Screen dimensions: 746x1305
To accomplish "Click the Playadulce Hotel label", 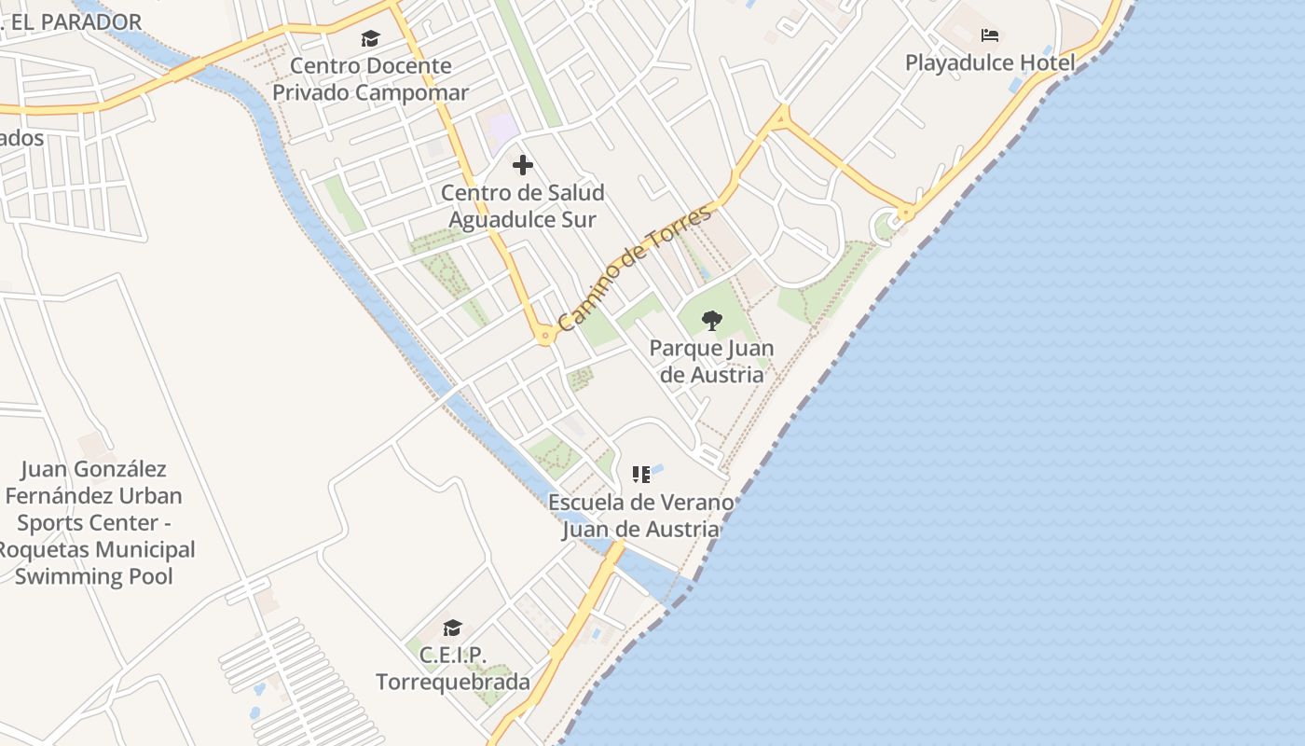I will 990,63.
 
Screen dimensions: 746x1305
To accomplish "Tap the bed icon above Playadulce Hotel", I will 990,36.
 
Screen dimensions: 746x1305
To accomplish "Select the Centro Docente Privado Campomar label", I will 370,79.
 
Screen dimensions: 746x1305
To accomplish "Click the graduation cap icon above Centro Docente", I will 371,38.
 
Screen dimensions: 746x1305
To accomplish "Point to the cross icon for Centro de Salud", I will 523,165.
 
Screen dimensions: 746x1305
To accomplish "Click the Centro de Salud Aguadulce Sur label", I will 522,206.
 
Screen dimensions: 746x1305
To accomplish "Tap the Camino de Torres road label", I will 635,269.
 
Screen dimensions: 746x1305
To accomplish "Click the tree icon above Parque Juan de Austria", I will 711,321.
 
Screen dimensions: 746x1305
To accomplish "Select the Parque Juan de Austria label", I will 711,362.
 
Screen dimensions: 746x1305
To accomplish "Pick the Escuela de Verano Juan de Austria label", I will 640,516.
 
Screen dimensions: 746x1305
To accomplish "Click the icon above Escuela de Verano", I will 640,475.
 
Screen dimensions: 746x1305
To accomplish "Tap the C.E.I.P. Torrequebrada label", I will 453,669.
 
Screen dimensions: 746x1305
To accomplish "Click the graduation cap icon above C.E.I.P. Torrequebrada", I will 453,628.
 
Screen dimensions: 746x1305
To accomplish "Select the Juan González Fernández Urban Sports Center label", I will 93,495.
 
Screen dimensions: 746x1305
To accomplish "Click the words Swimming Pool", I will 93,576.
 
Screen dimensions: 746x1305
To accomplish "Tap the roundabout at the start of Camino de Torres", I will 545,335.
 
